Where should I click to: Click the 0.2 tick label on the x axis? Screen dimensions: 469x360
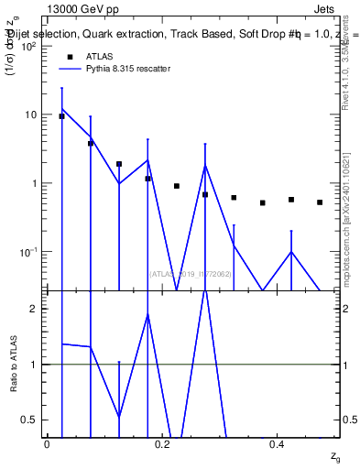tap(162, 443)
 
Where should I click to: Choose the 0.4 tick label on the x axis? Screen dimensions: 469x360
tap(278, 443)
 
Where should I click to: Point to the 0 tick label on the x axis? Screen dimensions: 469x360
tap(47, 443)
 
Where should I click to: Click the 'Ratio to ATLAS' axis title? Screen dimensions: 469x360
tap(14, 365)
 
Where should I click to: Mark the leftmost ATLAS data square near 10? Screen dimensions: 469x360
tap(61, 116)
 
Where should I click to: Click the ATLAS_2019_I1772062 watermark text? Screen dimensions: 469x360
tap(191, 273)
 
